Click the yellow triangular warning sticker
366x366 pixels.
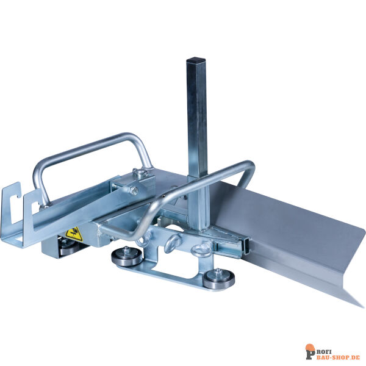pos(74,234)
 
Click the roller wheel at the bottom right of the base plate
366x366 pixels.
pos(218,280)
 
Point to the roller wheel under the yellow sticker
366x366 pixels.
pos(68,249)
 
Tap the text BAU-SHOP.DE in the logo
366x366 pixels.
pos(340,357)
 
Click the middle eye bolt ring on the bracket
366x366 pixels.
pos(172,243)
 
